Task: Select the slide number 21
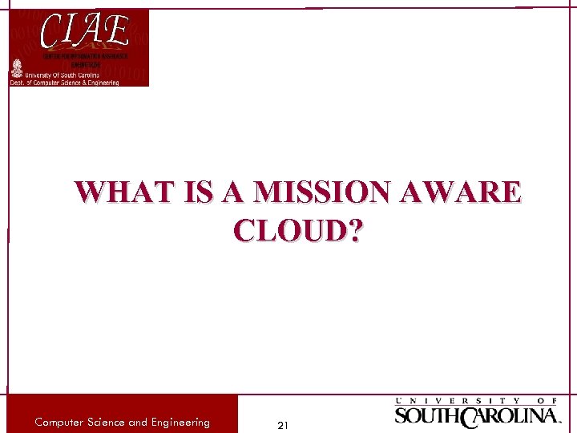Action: click(282, 424)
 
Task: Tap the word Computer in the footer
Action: click(63, 423)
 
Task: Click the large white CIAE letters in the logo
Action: click(85, 32)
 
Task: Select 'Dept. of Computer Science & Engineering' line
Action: click(64, 83)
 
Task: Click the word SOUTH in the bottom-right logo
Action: click(426, 416)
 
